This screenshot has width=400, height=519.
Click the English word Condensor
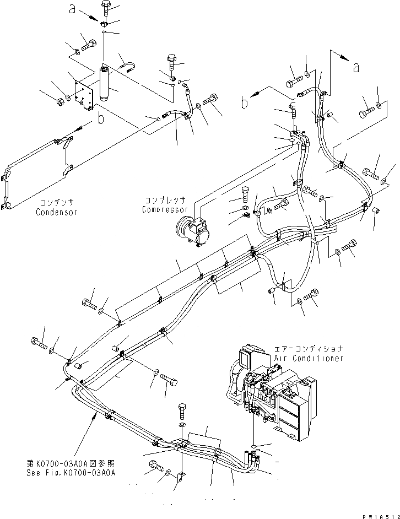57,212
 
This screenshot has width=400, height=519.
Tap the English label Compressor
165,209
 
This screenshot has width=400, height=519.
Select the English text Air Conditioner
309,358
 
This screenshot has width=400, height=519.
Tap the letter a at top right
356,67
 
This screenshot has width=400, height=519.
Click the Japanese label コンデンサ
57,203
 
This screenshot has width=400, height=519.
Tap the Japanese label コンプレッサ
165,201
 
